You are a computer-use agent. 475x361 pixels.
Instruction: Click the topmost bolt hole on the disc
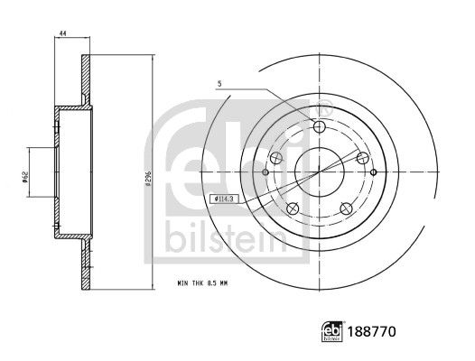tap(318, 125)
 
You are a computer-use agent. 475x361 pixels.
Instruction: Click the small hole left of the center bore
tap(265, 171)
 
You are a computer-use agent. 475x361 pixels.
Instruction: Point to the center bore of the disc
tap(318, 171)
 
